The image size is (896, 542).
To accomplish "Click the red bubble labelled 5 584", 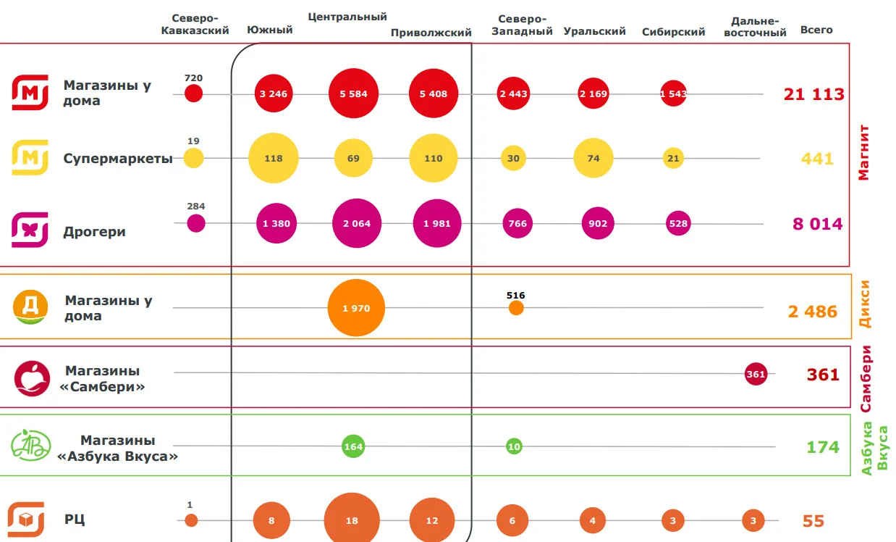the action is click(x=353, y=93).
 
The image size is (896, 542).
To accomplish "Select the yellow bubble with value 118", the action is click(x=273, y=158).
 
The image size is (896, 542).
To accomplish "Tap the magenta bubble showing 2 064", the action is click(x=356, y=223).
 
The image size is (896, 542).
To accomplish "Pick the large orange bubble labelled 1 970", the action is click(x=356, y=308).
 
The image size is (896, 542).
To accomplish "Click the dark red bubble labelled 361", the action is click(x=756, y=374).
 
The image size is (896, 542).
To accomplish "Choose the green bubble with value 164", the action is click(x=353, y=446).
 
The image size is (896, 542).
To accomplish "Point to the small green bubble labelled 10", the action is click(x=514, y=446).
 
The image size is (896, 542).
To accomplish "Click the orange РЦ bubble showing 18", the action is click(x=352, y=520).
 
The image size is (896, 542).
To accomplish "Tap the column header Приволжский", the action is click(x=431, y=33).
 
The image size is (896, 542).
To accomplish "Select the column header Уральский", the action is click(x=594, y=31).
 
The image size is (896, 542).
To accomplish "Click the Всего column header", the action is click(x=816, y=30).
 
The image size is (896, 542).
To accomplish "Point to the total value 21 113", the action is click(x=813, y=94).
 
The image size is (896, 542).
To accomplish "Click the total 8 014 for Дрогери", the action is click(x=818, y=223).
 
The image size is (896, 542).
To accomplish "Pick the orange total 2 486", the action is click(x=812, y=312).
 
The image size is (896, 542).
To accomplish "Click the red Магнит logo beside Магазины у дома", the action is click(x=30, y=92).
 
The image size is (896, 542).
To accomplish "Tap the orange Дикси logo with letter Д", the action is click(x=30, y=307).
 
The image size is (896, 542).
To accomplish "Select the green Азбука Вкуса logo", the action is click(x=30, y=445).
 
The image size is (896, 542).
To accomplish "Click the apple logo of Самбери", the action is click(x=32, y=378).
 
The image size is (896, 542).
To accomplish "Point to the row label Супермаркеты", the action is click(x=118, y=159).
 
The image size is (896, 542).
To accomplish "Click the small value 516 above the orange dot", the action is click(x=515, y=295).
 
